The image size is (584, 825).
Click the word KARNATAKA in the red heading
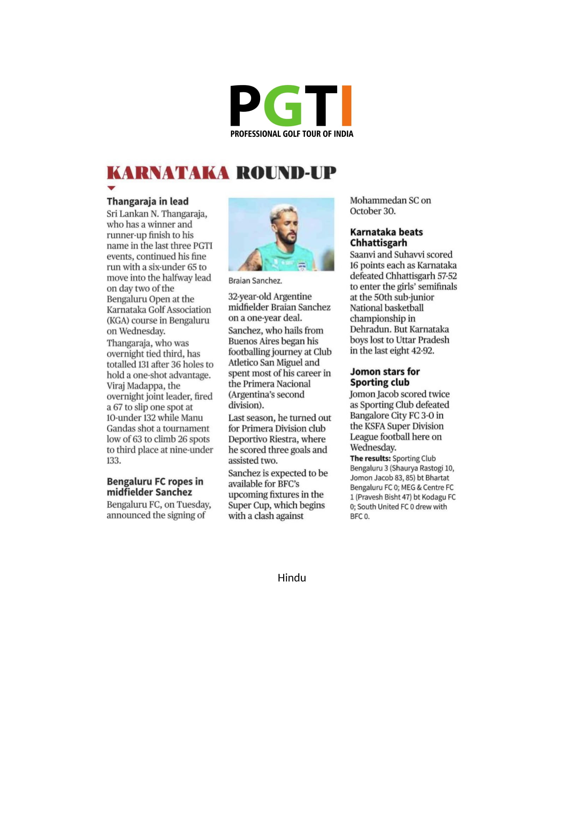pyautogui.click(x=168, y=173)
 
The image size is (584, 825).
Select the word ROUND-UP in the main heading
pyautogui.click(x=286, y=173)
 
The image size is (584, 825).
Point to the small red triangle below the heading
pyautogui.click(x=112, y=188)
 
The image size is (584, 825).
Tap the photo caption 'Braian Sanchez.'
pyautogui.click(x=255, y=281)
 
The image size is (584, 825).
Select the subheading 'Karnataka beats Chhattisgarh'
pyautogui.click(x=386, y=237)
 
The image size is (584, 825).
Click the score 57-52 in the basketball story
pyautogui.click(x=447, y=276)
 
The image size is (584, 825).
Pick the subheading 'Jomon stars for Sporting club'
pyautogui.click(x=385, y=377)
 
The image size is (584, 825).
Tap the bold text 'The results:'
pyautogui.click(x=370, y=459)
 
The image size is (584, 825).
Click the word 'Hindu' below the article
pyautogui.click(x=292, y=578)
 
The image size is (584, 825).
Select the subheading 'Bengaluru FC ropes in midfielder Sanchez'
pyautogui.click(x=155, y=486)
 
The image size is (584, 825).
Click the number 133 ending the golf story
pyautogui.click(x=114, y=461)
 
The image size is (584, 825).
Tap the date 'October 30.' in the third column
pyautogui.click(x=373, y=211)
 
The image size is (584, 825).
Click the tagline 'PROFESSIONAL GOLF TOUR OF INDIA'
pyautogui.click(x=292, y=134)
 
